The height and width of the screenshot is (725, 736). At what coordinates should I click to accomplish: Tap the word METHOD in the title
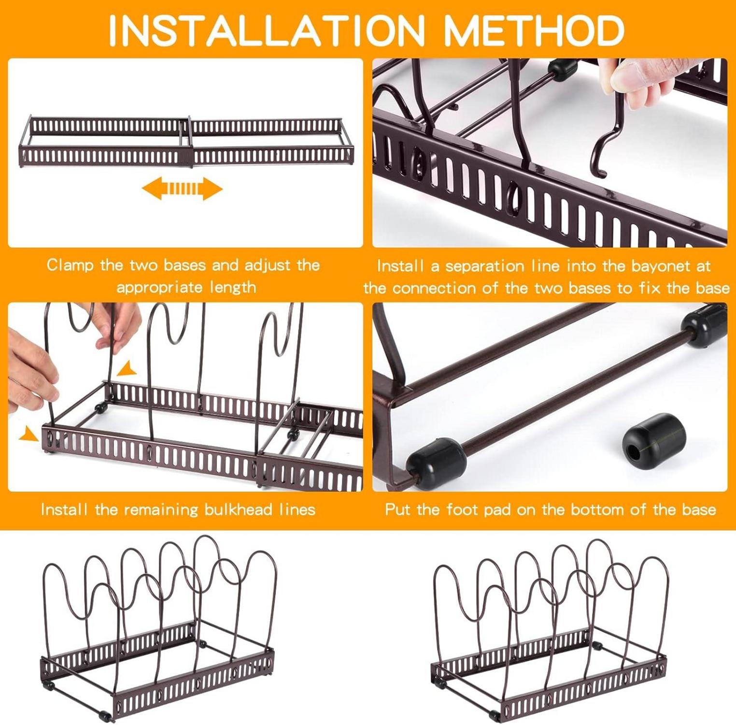(x=534, y=30)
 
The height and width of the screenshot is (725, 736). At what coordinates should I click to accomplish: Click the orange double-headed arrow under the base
(x=182, y=188)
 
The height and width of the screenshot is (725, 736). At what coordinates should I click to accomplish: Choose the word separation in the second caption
(x=484, y=267)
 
